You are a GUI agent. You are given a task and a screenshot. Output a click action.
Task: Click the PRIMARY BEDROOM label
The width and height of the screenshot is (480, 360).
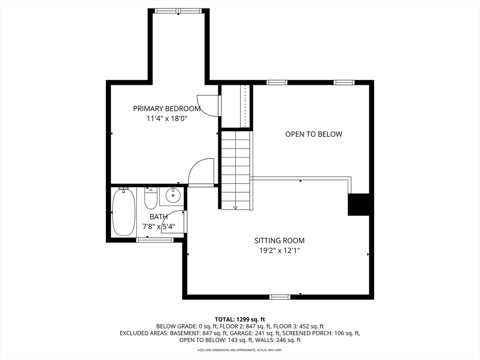(x=167, y=109)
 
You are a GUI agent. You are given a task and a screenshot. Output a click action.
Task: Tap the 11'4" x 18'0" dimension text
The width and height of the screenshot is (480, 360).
(x=167, y=119)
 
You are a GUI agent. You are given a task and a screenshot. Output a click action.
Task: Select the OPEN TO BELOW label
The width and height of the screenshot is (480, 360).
(x=314, y=134)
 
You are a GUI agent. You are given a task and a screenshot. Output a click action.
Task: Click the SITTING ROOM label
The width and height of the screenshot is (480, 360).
(x=279, y=240)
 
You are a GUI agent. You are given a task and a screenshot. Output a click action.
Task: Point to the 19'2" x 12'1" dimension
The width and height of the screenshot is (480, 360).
(x=279, y=251)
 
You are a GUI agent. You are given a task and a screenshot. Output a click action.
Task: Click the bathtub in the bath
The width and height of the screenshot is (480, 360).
(x=124, y=212)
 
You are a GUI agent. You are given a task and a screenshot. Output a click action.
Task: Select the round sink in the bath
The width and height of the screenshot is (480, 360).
(x=173, y=195)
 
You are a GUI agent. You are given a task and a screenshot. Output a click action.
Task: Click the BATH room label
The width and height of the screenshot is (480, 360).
(x=158, y=217)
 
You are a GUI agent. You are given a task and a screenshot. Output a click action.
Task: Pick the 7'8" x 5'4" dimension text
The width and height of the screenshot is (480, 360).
(x=158, y=227)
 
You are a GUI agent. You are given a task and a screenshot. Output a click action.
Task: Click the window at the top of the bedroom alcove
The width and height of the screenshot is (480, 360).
(x=179, y=11)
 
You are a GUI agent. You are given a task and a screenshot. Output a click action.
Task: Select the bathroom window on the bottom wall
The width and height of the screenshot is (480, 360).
(x=155, y=240)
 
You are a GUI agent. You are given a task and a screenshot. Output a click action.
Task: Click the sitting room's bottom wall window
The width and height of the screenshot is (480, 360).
(x=280, y=297)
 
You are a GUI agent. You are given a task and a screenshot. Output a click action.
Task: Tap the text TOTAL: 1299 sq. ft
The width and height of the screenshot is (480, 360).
(x=240, y=320)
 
